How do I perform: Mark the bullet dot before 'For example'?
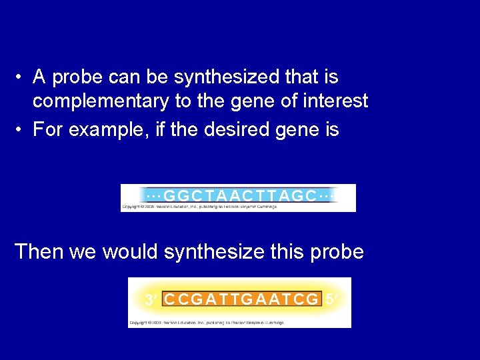[x=21, y=129]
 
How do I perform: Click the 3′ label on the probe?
[x=152, y=300]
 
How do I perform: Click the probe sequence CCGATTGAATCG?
[x=241, y=299]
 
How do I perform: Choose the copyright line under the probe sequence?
[x=207, y=322]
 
